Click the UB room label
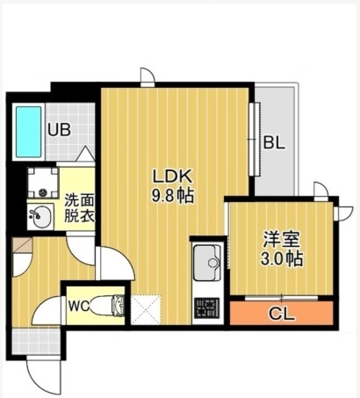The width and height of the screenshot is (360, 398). (x=58, y=130)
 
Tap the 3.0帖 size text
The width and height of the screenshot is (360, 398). (x=281, y=260)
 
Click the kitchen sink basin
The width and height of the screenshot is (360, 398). (x=208, y=263)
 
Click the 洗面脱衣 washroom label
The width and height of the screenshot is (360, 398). (x=77, y=206)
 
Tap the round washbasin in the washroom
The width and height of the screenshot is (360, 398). (x=38, y=213)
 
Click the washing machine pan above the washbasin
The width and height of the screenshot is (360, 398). (x=40, y=182)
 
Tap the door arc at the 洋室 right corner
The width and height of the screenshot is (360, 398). (x=323, y=192)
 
